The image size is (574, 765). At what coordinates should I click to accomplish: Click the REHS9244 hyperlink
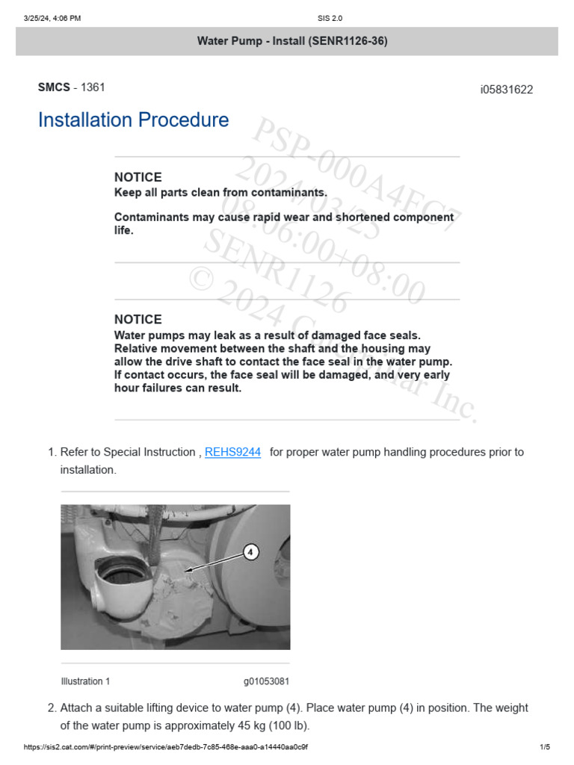[x=232, y=452]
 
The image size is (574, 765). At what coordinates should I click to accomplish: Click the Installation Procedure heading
[x=133, y=120]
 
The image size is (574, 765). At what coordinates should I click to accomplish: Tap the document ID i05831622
[x=506, y=90]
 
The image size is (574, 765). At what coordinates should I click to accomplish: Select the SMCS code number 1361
[x=93, y=87]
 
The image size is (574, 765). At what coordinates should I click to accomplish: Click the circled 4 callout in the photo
[x=250, y=552]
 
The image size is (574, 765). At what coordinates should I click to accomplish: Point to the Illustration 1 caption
[x=85, y=681]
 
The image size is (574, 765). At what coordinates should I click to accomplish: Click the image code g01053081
[x=266, y=681]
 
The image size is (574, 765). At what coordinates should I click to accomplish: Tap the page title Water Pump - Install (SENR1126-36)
[x=292, y=41]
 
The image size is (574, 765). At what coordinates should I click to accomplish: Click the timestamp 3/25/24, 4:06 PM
[x=52, y=18]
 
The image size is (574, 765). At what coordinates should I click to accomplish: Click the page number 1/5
[x=544, y=747]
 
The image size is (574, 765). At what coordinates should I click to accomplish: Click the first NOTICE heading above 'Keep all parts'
[x=138, y=177]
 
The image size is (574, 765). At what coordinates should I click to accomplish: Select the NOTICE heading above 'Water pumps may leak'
[x=138, y=319]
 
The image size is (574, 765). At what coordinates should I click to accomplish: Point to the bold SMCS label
[x=53, y=87]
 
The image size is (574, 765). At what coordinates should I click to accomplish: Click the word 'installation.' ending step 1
[x=88, y=470]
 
